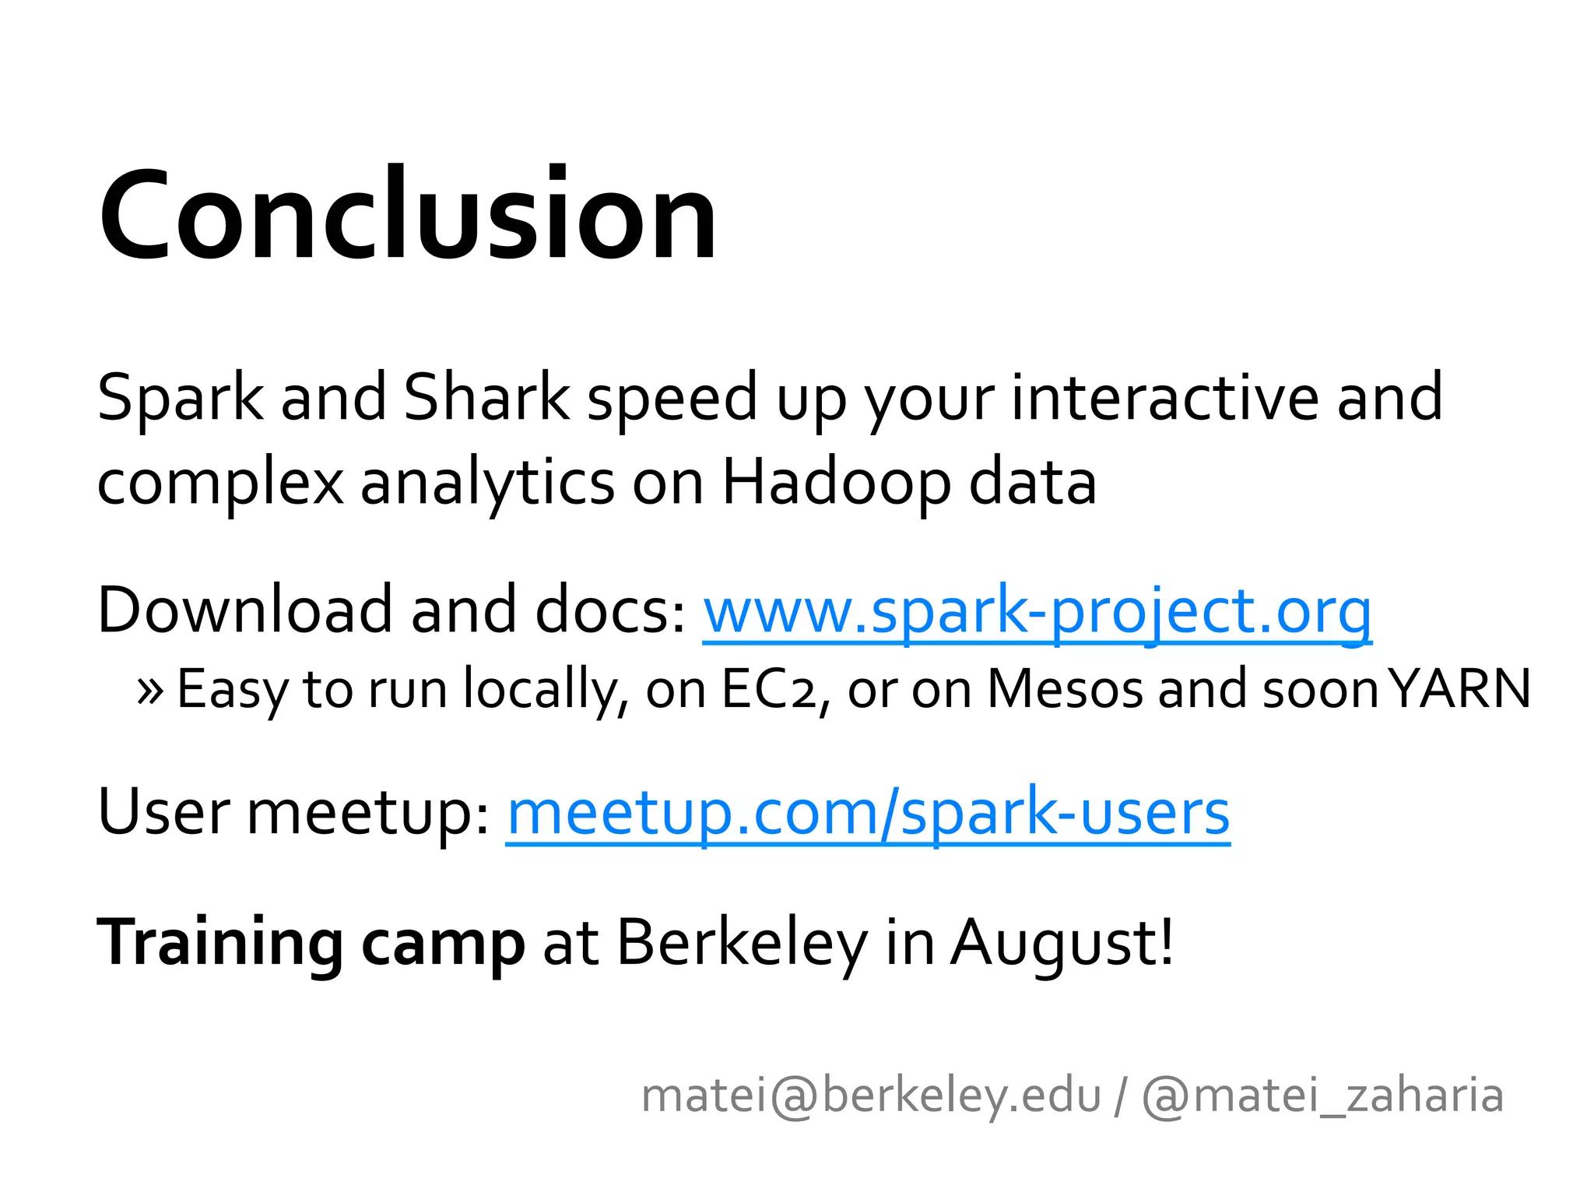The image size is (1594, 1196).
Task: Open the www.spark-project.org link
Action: (x=1037, y=610)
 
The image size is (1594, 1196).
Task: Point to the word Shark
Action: (x=487, y=397)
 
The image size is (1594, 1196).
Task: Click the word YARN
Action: (x=1460, y=688)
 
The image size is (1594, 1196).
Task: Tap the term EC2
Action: (x=767, y=688)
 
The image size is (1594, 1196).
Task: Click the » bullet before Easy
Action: (x=149, y=690)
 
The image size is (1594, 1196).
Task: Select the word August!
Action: (x=1062, y=943)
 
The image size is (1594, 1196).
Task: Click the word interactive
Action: (x=1164, y=397)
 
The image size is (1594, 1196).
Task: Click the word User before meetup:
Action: (x=163, y=812)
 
